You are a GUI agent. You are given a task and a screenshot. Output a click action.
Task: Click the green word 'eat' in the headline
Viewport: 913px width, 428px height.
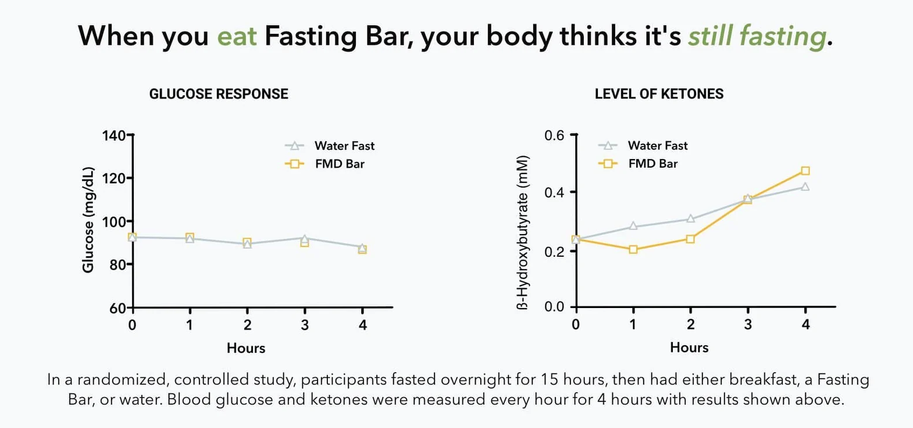click(237, 36)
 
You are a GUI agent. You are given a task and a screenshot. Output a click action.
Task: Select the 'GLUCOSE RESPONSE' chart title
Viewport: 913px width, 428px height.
click(219, 94)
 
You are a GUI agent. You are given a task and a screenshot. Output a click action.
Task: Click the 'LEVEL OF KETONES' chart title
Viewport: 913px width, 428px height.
click(659, 94)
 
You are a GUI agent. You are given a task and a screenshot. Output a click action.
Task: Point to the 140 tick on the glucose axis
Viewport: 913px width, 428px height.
click(113, 136)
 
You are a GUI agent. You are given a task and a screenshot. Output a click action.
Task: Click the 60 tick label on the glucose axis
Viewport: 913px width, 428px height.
click(117, 308)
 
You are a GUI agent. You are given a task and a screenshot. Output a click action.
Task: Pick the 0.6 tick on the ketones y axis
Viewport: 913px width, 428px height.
click(554, 136)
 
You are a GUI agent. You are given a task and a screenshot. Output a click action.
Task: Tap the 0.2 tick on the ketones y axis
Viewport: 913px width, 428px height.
click(554, 252)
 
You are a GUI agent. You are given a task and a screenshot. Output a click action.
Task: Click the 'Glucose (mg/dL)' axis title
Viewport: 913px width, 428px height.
click(88, 220)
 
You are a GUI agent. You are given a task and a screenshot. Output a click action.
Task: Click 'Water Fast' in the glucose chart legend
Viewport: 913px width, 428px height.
click(344, 146)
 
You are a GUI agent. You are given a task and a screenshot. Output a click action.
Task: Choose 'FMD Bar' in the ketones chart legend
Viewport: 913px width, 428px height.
click(652, 164)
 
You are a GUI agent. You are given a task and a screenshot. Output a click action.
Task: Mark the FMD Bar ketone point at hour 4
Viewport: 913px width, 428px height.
click(805, 171)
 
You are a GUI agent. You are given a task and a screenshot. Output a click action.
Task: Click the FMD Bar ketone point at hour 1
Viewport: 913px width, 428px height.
click(633, 249)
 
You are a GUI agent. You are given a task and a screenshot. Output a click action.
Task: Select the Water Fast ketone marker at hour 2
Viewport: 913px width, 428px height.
click(690, 219)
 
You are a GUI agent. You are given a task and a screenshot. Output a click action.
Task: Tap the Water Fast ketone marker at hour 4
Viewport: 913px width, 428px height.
click(805, 187)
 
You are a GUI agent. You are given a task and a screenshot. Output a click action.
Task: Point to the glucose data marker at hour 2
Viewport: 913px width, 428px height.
click(247, 243)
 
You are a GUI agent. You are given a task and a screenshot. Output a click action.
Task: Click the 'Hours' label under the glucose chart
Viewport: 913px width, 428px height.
click(246, 348)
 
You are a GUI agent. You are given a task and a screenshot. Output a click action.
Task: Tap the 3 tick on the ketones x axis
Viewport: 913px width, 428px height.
click(748, 324)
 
